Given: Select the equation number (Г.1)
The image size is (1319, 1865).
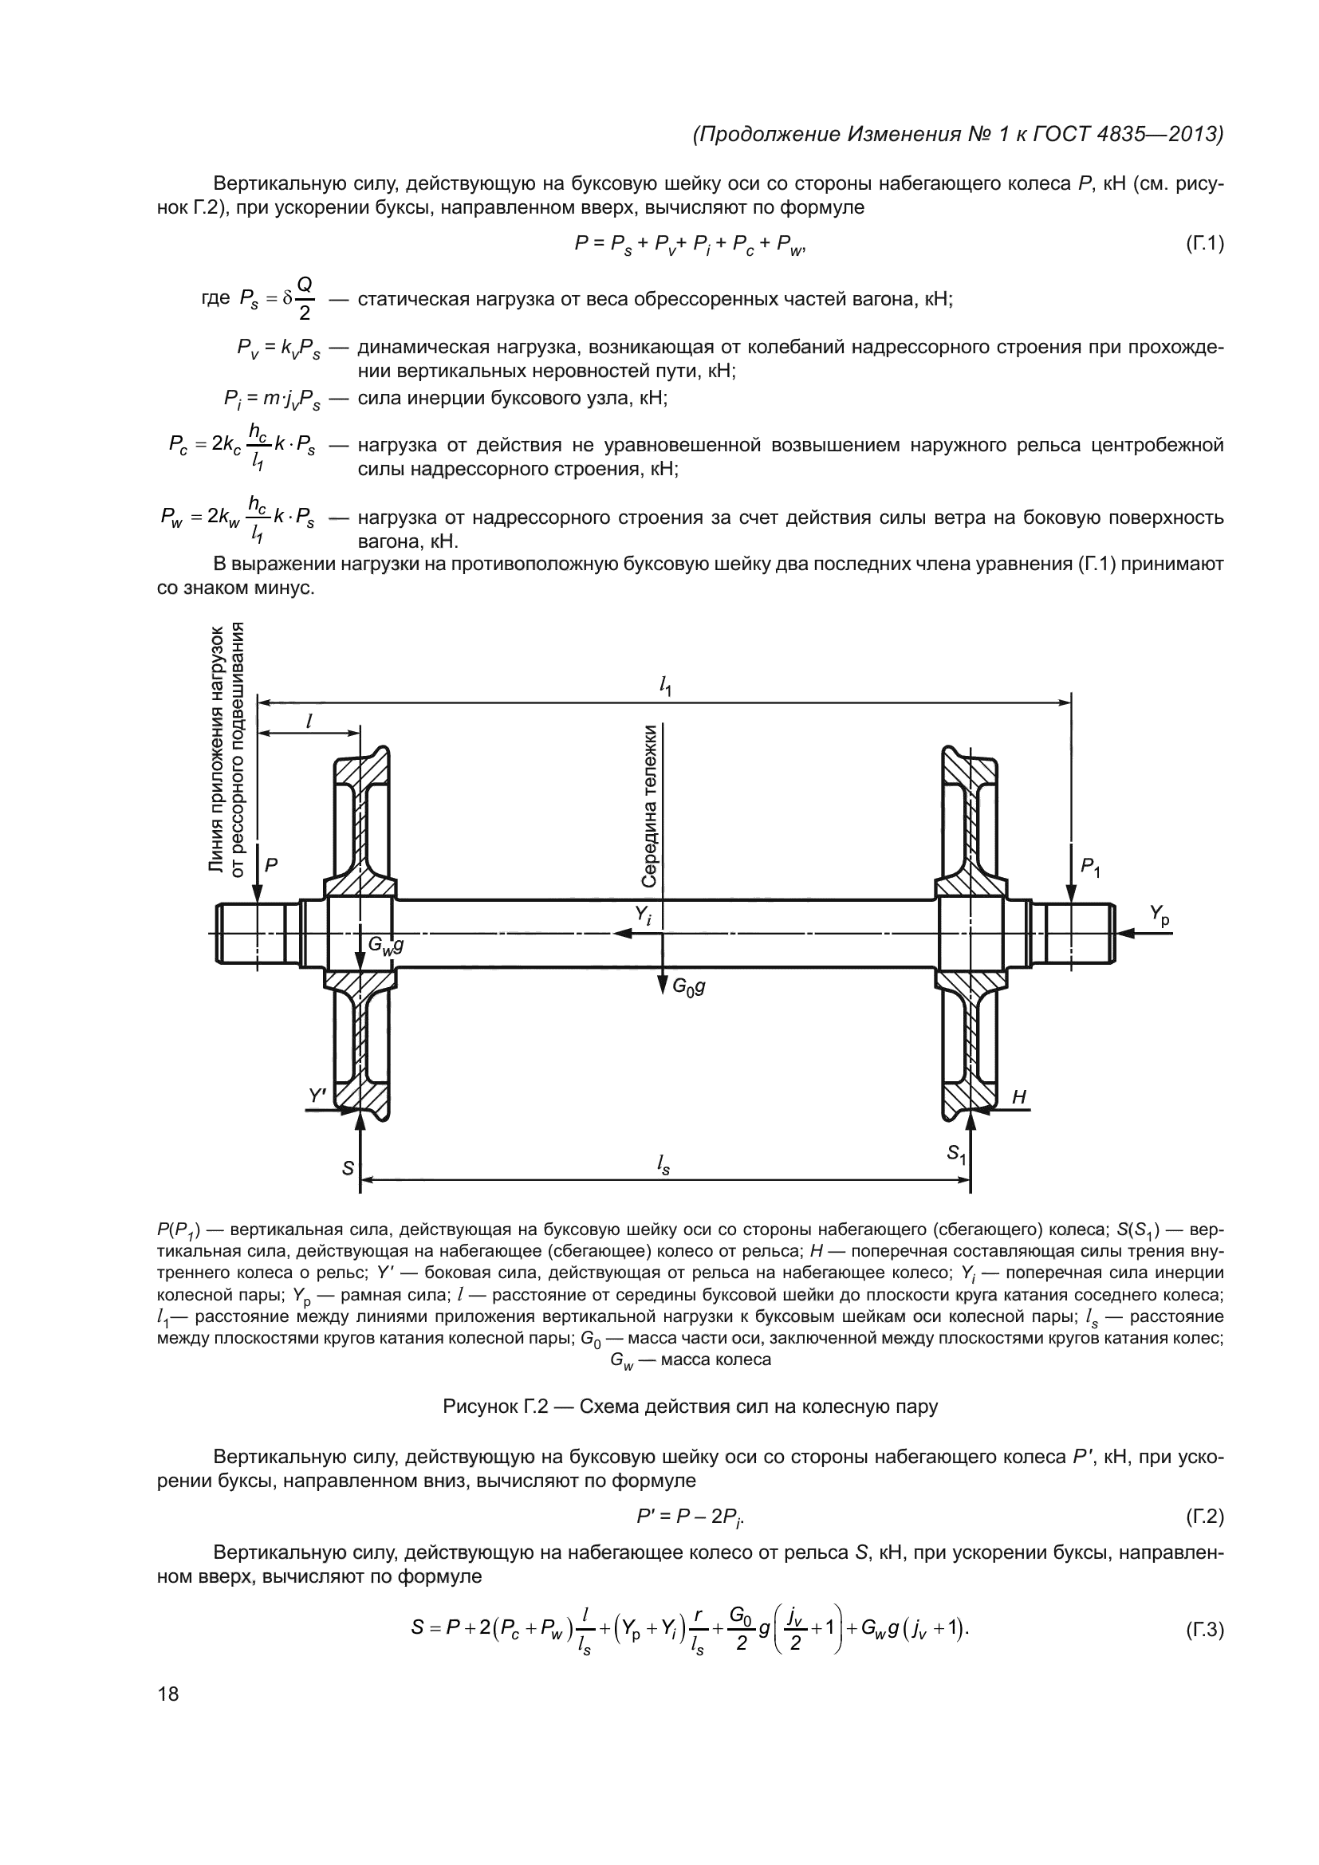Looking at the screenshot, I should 1203,243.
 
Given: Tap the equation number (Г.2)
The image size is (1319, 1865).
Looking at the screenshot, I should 1203,1517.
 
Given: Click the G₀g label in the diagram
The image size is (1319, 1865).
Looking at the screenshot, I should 687,986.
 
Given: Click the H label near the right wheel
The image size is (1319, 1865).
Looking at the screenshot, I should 1019,1097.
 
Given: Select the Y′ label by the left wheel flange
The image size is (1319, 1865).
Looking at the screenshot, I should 317,1096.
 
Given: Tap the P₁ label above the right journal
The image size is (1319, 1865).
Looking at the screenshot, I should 1090,868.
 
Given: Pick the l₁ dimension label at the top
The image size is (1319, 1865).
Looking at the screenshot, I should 665,687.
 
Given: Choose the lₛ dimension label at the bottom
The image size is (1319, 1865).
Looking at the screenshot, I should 663,1167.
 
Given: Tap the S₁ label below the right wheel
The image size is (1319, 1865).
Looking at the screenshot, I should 956,1155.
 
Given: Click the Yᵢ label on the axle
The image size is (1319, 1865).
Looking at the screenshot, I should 644,915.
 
